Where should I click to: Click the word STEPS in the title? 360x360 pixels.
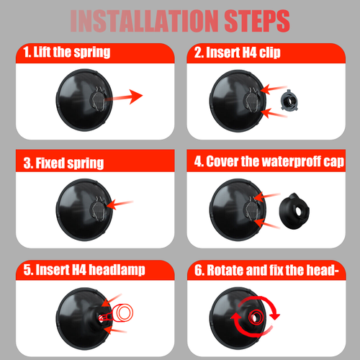pyautogui.click(x=257, y=21)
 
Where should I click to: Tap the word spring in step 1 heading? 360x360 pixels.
pyautogui.click(x=92, y=52)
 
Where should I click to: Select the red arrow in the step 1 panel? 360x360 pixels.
pyautogui.click(x=125, y=96)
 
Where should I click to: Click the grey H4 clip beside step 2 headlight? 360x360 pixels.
pyautogui.click(x=289, y=101)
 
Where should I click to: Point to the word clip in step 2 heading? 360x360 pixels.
pyautogui.click(x=270, y=53)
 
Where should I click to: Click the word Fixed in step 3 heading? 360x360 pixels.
pyautogui.click(x=50, y=163)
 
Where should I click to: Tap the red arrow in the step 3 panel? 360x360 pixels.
pyautogui.click(x=120, y=204)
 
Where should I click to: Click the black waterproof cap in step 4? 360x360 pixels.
pyautogui.click(x=294, y=211)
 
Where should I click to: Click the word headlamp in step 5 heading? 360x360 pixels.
pyautogui.click(x=117, y=270)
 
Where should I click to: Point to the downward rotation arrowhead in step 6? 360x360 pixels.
pyautogui.click(x=275, y=316)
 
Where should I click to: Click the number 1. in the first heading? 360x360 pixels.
pyautogui.click(x=27, y=52)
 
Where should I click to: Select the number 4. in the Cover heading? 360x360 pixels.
pyautogui.click(x=199, y=161)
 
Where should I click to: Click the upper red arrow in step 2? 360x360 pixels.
pyautogui.click(x=274, y=89)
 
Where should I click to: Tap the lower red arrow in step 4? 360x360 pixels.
pyautogui.click(x=267, y=224)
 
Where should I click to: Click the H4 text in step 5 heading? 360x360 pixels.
pyautogui.click(x=79, y=269)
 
